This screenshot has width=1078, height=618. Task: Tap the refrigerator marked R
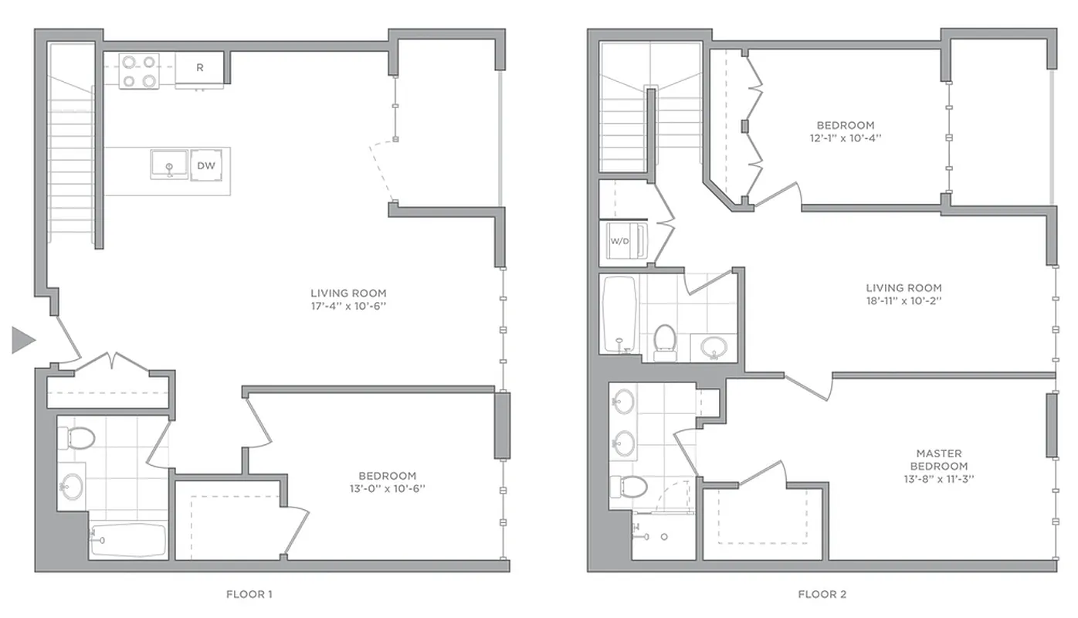[x=200, y=68]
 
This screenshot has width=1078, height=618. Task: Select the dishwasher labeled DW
[x=205, y=165]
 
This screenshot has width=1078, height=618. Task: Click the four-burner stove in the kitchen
[x=140, y=71]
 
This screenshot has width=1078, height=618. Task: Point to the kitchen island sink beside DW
[x=169, y=164]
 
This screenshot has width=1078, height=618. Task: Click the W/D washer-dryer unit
[x=621, y=240]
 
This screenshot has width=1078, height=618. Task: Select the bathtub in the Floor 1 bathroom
[x=128, y=540]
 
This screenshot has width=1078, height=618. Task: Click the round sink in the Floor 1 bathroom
[x=73, y=487]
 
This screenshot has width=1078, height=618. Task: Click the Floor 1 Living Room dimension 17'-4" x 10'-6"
[x=348, y=306]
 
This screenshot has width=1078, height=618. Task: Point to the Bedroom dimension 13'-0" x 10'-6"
[x=387, y=488]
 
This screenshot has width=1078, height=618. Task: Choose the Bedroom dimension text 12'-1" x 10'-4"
[x=846, y=138]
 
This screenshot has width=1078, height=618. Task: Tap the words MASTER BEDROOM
[x=938, y=460]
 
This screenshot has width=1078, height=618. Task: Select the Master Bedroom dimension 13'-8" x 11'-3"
[x=938, y=479]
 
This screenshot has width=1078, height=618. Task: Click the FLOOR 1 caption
[x=249, y=594]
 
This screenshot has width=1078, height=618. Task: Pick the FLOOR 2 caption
[x=822, y=594]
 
